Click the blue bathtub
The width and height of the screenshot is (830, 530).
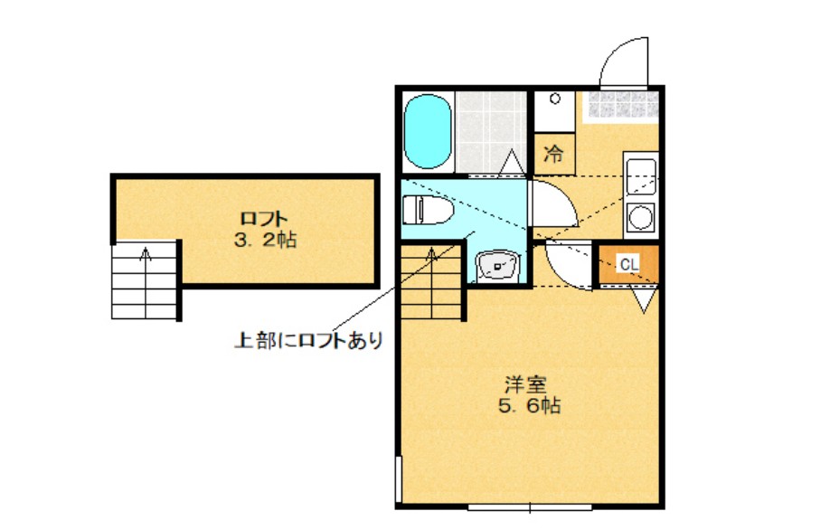coord(428,131)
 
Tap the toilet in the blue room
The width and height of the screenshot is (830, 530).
coord(429,210)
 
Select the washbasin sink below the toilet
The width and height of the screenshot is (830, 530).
coord(497,264)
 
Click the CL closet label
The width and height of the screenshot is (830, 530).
coord(629,264)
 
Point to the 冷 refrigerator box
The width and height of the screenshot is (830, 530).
coord(554,154)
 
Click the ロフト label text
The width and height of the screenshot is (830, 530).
coord(264,218)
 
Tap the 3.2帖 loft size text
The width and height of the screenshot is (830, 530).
coord(265,241)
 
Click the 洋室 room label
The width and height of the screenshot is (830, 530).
coord(525,383)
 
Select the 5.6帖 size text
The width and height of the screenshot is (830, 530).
coord(529,405)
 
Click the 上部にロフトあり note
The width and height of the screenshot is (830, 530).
coord(308,340)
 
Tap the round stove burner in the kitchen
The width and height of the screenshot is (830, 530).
coord(641,217)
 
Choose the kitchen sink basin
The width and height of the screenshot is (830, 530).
coord(641,176)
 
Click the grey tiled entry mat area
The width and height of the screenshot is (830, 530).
coord(622,104)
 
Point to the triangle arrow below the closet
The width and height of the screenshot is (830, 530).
coord(644,299)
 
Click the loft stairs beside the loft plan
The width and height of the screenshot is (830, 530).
coord(145,280)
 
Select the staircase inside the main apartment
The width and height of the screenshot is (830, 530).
coord(432,280)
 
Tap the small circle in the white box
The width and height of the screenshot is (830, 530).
coord(555,99)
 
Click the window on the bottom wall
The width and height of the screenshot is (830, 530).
coord(530,507)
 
